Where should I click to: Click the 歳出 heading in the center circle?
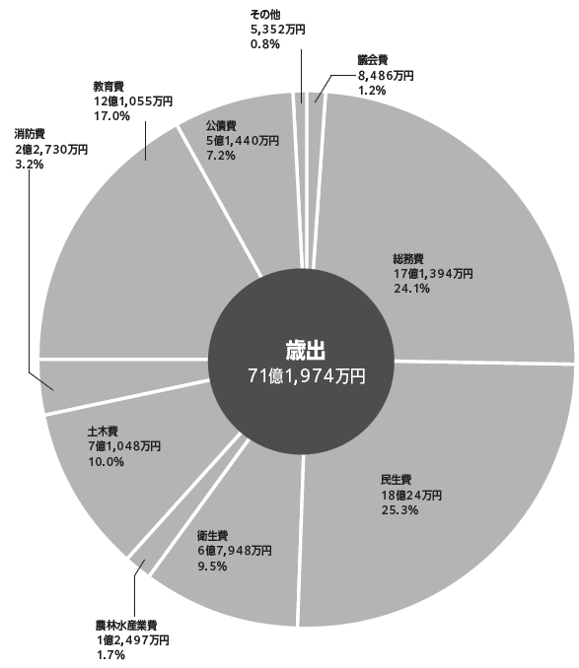coord(305,351)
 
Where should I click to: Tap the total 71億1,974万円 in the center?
coord(307,376)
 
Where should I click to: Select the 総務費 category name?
coord(408,258)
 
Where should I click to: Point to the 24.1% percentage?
coord(411,289)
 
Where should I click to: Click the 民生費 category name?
coord(397,480)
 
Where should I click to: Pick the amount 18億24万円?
coord(411,495)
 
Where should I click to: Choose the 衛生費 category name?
coord(212,535)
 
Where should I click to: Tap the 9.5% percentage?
coord(212,567)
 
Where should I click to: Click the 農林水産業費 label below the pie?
coord(126,626)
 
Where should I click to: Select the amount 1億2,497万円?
coord(133,640)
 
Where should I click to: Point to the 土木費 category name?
coord(103,432)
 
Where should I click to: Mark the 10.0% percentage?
coord(107,461)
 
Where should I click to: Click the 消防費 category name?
coord(30,134)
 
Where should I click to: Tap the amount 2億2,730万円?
coord(51,149)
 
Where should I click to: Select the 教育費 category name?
coord(109,86)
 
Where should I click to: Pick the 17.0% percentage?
coord(111,116)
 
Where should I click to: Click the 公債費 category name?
coord(221,125)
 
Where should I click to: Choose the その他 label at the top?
coord(265,14)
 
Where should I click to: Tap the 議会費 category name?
coord(373,60)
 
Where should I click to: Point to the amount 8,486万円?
coord(386,76)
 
